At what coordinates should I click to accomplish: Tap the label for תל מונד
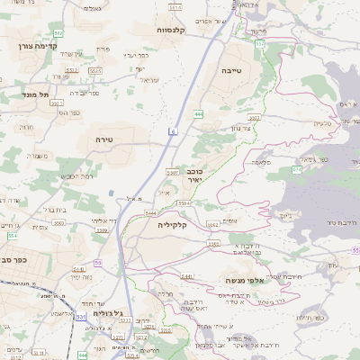(x=38, y=93)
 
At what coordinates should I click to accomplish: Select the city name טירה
(x=103, y=139)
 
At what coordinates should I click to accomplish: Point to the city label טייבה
(x=230, y=68)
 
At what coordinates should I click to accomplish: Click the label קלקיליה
(x=171, y=224)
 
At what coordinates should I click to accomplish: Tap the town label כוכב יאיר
(x=195, y=175)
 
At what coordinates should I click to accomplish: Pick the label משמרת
(x=38, y=155)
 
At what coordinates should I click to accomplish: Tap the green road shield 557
(x=259, y=43)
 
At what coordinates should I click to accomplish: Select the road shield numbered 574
(x=296, y=168)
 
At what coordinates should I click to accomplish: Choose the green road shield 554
(x=13, y=235)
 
